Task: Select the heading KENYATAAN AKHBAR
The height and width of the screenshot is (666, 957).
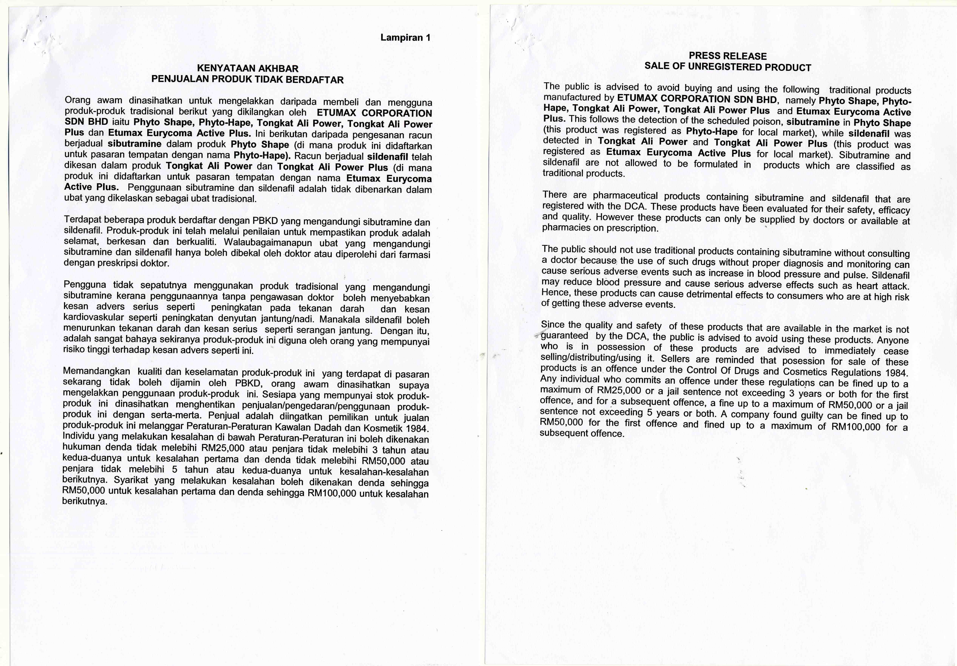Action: point(248,68)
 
